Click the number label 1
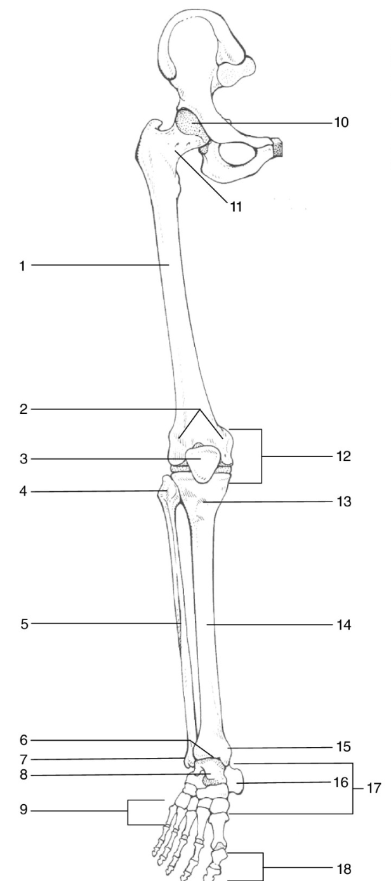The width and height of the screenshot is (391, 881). [x=23, y=265]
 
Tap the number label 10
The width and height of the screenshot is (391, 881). [x=341, y=123]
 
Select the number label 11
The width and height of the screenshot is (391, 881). [x=236, y=206]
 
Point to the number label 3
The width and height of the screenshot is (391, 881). [x=23, y=459]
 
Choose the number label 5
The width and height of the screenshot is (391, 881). [x=23, y=624]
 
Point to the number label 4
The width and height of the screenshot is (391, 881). [x=23, y=491]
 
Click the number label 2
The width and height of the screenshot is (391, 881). [x=23, y=409]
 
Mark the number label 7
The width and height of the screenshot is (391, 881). [x=23, y=758]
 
